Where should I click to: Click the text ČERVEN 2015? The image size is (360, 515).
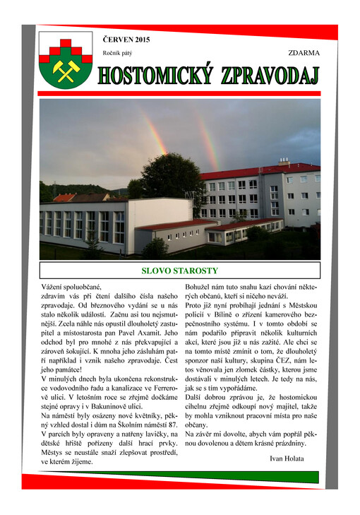(126, 40)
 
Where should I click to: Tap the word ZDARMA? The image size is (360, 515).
(304, 53)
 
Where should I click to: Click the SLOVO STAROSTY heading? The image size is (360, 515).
(180, 271)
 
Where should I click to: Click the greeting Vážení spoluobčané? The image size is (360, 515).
(71, 288)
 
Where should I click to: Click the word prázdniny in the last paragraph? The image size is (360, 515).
(287, 443)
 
